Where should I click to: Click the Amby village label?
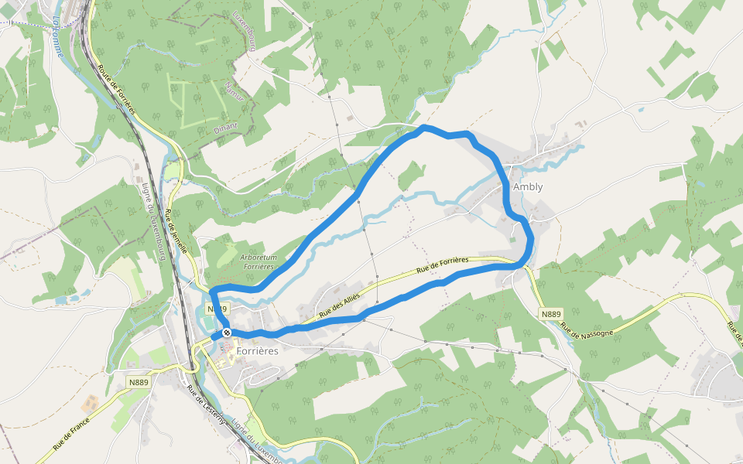(528, 187)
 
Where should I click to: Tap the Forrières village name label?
(257, 350)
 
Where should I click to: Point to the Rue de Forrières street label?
(442, 265)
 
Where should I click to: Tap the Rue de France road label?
(71, 434)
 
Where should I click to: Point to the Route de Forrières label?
(116, 90)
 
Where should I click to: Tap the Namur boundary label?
(233, 92)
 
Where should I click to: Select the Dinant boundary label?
(228, 127)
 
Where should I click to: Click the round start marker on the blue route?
(227, 333)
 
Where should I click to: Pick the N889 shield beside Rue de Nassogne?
(550, 314)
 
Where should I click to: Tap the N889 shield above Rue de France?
(139, 382)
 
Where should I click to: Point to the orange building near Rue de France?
(90, 403)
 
